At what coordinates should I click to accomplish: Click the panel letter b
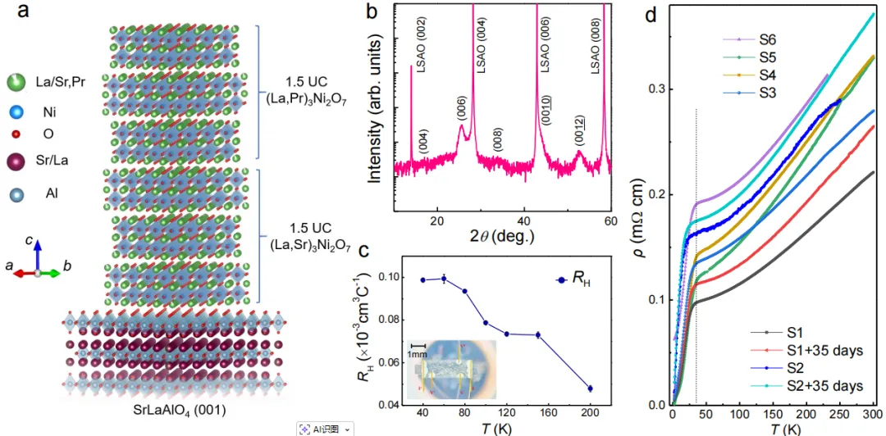pyautogui.click(x=372, y=13)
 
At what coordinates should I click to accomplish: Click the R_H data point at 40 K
pyautogui.click(x=423, y=279)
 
